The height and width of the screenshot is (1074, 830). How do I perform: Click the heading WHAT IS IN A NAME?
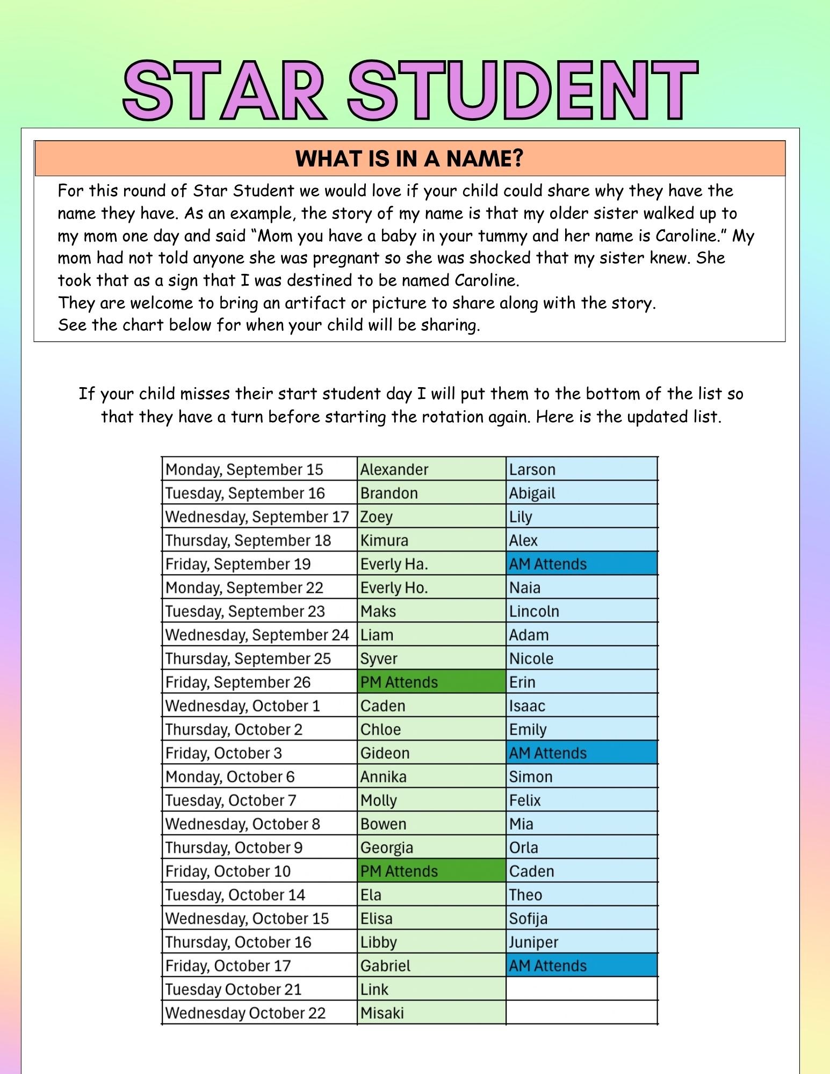click(x=409, y=158)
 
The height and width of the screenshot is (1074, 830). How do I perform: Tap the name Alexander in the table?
click(x=394, y=469)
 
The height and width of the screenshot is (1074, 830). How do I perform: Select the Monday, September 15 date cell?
click(x=244, y=469)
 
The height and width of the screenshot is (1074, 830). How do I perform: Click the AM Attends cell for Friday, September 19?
click(x=548, y=564)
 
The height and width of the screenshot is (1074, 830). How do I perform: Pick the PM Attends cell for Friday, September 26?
click(x=399, y=682)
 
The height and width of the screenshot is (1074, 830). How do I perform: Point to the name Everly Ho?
click(x=394, y=587)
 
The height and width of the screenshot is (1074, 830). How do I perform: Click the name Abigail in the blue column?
click(x=532, y=493)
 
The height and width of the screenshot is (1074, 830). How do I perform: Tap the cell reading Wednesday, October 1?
click(x=242, y=706)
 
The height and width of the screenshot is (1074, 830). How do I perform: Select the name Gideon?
click(x=385, y=753)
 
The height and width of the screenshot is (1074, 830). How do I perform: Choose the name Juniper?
click(x=533, y=942)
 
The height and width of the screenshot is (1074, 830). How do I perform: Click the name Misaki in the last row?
click(x=382, y=1013)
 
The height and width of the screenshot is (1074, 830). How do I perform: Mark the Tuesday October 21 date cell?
click(x=233, y=989)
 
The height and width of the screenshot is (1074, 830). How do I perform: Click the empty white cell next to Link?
click(x=581, y=989)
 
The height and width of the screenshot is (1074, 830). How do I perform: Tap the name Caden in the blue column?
click(x=531, y=871)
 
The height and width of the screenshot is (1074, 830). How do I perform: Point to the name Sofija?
click(x=528, y=918)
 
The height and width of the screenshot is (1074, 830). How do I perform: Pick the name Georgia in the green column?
click(x=387, y=847)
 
